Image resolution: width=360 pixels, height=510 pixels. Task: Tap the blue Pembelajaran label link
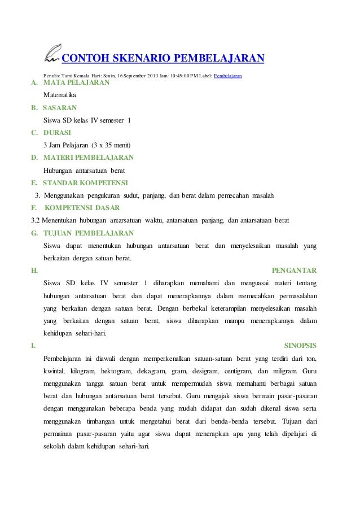click(228, 75)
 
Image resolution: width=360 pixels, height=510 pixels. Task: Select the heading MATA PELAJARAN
click(76, 84)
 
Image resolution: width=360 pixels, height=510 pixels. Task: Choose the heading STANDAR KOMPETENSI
click(85, 182)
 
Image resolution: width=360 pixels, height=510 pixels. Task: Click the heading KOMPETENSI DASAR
click(81, 207)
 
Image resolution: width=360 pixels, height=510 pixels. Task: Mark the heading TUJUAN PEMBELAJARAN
click(89, 233)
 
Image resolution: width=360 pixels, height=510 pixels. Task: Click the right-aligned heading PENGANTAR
click(294, 270)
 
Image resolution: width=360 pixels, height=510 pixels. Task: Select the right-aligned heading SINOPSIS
click(298, 345)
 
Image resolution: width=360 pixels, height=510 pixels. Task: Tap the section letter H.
click(34, 270)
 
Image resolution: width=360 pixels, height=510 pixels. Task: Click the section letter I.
click(33, 345)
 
